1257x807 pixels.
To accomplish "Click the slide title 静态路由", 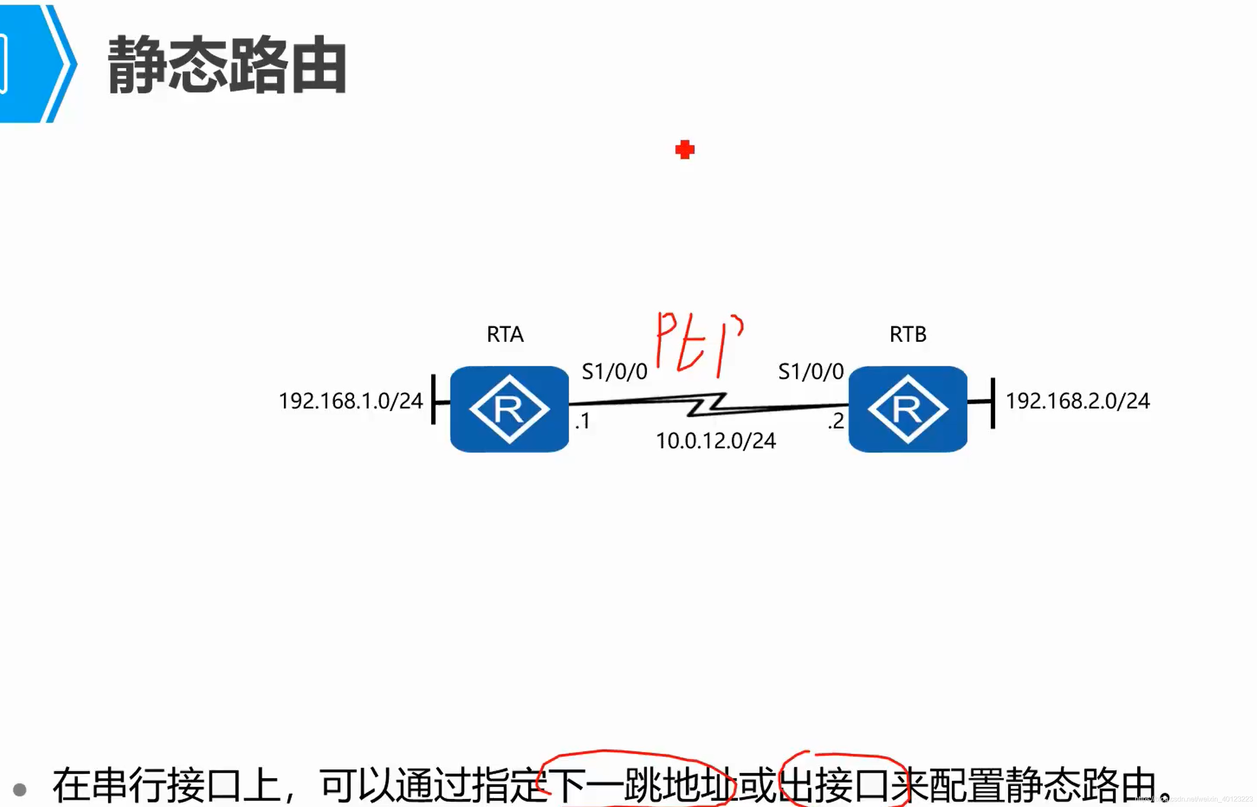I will click(227, 65).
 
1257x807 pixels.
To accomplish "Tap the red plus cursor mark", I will click(684, 150).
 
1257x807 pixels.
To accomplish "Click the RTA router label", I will click(505, 334).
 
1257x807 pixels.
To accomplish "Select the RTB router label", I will click(908, 334).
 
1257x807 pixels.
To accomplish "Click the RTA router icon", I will click(509, 409).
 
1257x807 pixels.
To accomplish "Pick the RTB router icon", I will click(907, 409).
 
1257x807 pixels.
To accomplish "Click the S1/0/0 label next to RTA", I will click(614, 372).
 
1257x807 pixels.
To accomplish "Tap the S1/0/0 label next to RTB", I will click(810, 372).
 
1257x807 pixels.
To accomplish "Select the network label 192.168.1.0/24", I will click(350, 401).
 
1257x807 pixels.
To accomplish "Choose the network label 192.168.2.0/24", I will click(1077, 401).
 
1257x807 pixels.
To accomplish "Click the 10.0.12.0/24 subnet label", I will click(716, 441).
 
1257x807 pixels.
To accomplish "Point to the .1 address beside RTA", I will click(583, 421).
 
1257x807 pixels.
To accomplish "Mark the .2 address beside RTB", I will click(836, 421).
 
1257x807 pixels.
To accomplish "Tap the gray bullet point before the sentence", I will click(19, 789).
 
